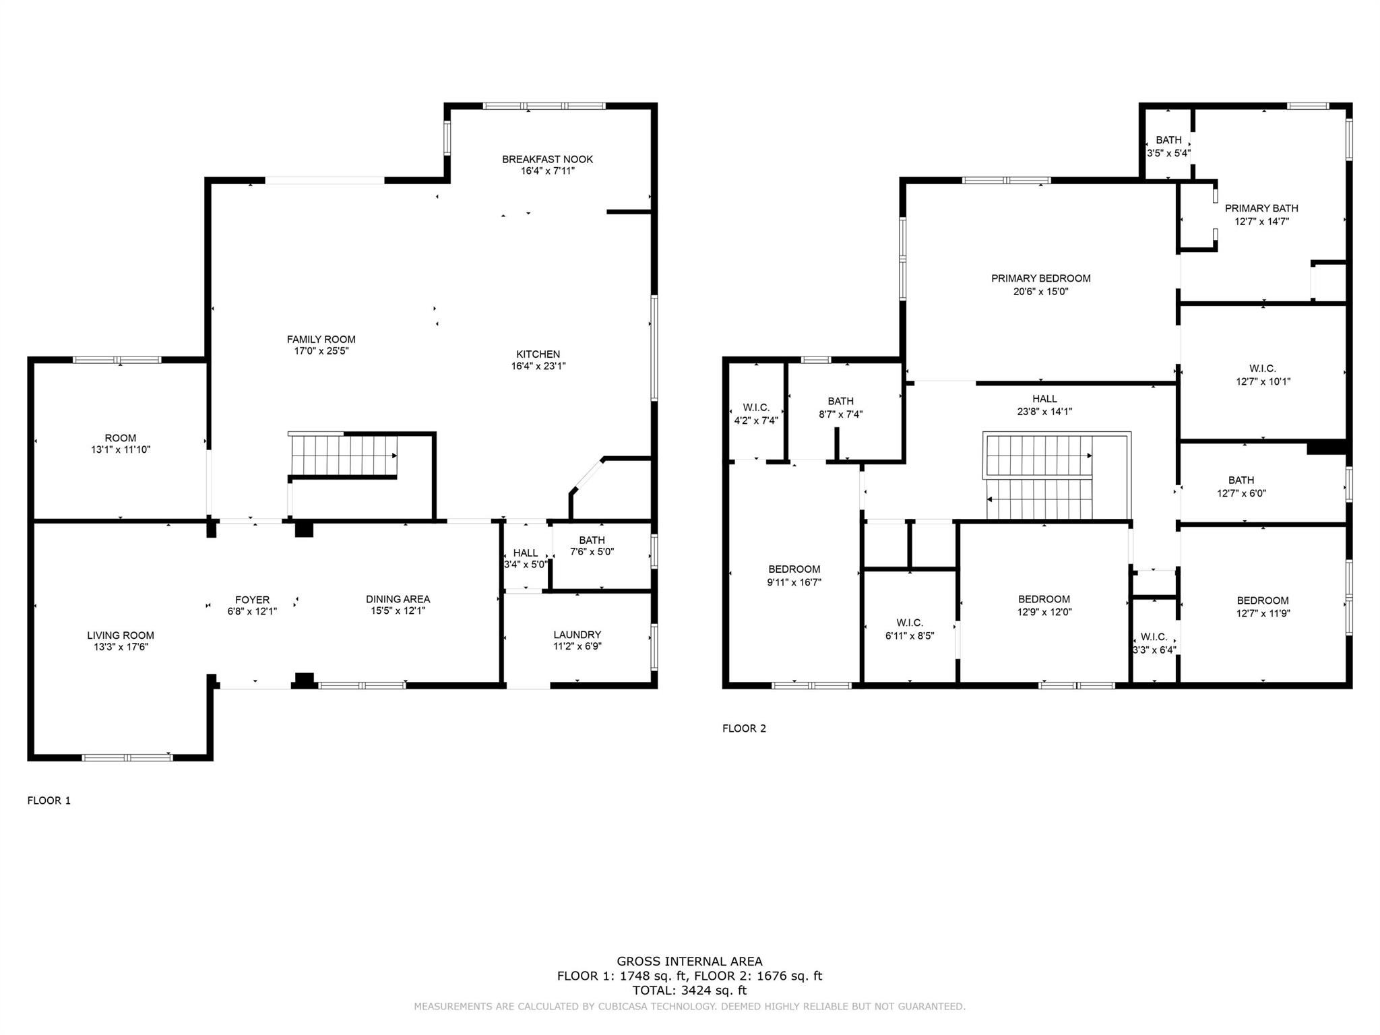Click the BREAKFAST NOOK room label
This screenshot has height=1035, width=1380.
pos(547,160)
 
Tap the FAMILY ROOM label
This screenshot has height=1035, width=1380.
pos(321,340)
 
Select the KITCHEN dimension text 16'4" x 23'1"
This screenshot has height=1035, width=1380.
pos(538,367)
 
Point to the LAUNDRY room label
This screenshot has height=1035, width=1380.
pos(577,635)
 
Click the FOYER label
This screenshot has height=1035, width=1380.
pos(252,600)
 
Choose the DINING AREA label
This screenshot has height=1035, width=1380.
pos(398,599)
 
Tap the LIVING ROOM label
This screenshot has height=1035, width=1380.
pos(121,635)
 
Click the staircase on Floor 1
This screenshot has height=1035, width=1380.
pos(344,455)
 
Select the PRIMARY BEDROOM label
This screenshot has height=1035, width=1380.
pos(1040,278)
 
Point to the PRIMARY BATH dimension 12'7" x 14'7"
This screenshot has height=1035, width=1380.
pos(1261,221)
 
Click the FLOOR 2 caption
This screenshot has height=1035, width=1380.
pos(744,728)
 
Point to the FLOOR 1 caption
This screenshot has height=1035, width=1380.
pos(49,801)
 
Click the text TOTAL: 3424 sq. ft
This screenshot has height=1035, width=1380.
pos(689,991)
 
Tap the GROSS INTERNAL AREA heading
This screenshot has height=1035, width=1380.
pos(689,962)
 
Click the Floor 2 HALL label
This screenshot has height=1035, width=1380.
pos(1044,399)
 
